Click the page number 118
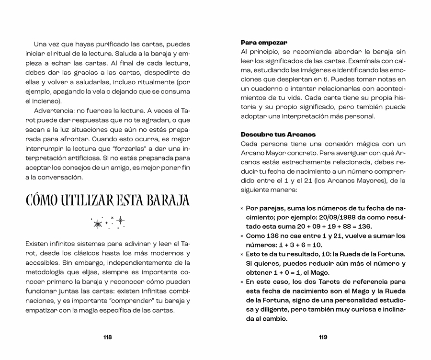click(107, 337)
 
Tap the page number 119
click(323, 337)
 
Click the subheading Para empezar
click(264, 42)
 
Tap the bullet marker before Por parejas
click(242, 208)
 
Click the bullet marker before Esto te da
click(242, 254)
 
